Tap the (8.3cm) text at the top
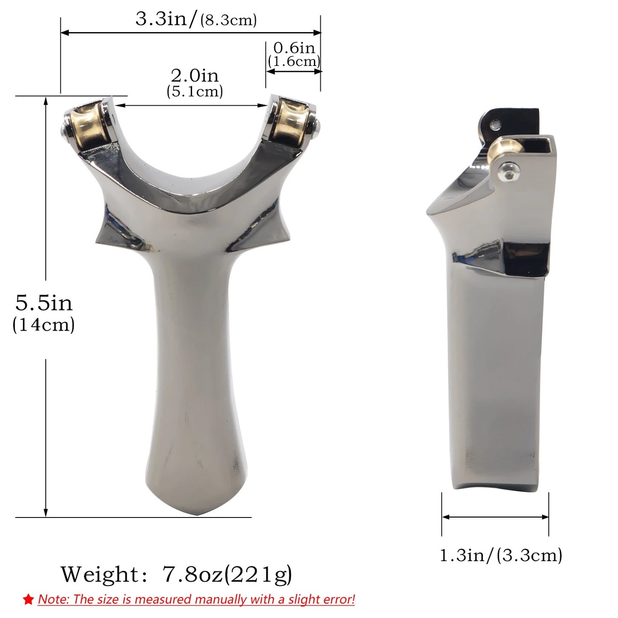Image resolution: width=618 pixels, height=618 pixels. (229, 20)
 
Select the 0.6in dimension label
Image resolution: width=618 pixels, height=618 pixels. (294, 47)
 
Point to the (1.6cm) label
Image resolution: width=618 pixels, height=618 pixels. (294, 61)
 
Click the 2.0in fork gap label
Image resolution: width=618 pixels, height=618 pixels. (195, 76)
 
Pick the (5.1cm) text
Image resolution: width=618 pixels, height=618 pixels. (195, 91)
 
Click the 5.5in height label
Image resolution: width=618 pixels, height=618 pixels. (44, 303)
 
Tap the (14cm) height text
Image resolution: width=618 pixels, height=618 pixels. (44, 324)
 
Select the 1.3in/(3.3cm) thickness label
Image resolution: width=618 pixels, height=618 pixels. (501, 555)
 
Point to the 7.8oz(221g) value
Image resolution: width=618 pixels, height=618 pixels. (227, 574)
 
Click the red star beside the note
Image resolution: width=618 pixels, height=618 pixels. (29, 599)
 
